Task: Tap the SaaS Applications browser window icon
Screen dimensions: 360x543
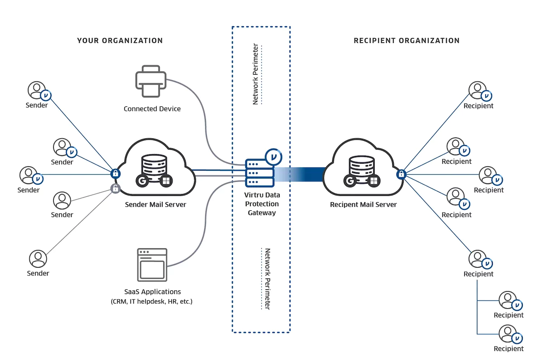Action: click(152, 264)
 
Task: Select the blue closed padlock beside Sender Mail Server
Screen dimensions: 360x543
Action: click(115, 173)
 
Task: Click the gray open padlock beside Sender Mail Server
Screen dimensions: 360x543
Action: click(115, 189)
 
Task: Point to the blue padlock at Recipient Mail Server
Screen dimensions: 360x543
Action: click(401, 174)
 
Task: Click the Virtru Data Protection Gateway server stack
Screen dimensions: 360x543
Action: click(260, 173)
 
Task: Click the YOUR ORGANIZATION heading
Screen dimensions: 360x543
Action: click(120, 41)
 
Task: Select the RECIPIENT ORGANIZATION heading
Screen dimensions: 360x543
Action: click(406, 41)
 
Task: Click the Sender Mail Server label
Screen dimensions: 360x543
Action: click(156, 204)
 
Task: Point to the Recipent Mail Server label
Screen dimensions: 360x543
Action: click(363, 204)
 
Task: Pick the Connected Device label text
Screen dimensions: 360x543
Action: click(152, 109)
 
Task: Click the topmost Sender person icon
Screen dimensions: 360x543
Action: click(37, 90)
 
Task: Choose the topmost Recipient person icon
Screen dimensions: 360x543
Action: click(476, 90)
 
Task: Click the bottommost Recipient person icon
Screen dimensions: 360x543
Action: click(507, 334)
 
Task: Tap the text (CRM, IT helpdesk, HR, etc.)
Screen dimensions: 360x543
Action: click(152, 302)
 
